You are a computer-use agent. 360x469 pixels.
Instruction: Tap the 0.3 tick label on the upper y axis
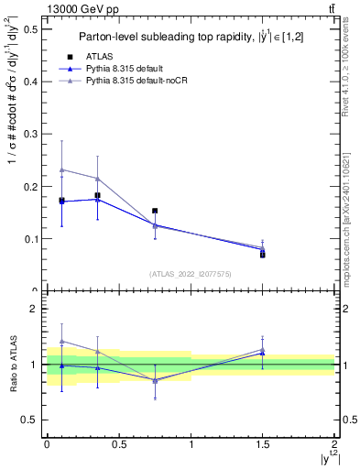(x=30, y=134)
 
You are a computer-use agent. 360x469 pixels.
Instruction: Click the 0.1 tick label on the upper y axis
(x=30, y=239)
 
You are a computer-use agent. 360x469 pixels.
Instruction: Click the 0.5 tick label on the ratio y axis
(x=30, y=420)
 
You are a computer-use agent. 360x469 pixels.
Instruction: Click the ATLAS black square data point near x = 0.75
(x=155, y=211)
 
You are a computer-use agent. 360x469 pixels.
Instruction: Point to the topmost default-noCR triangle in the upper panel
(x=61, y=169)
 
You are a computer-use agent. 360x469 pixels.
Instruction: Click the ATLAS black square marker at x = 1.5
(x=263, y=255)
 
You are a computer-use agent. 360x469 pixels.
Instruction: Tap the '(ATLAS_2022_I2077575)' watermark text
(x=190, y=273)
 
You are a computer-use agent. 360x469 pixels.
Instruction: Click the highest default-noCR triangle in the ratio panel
(x=61, y=341)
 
